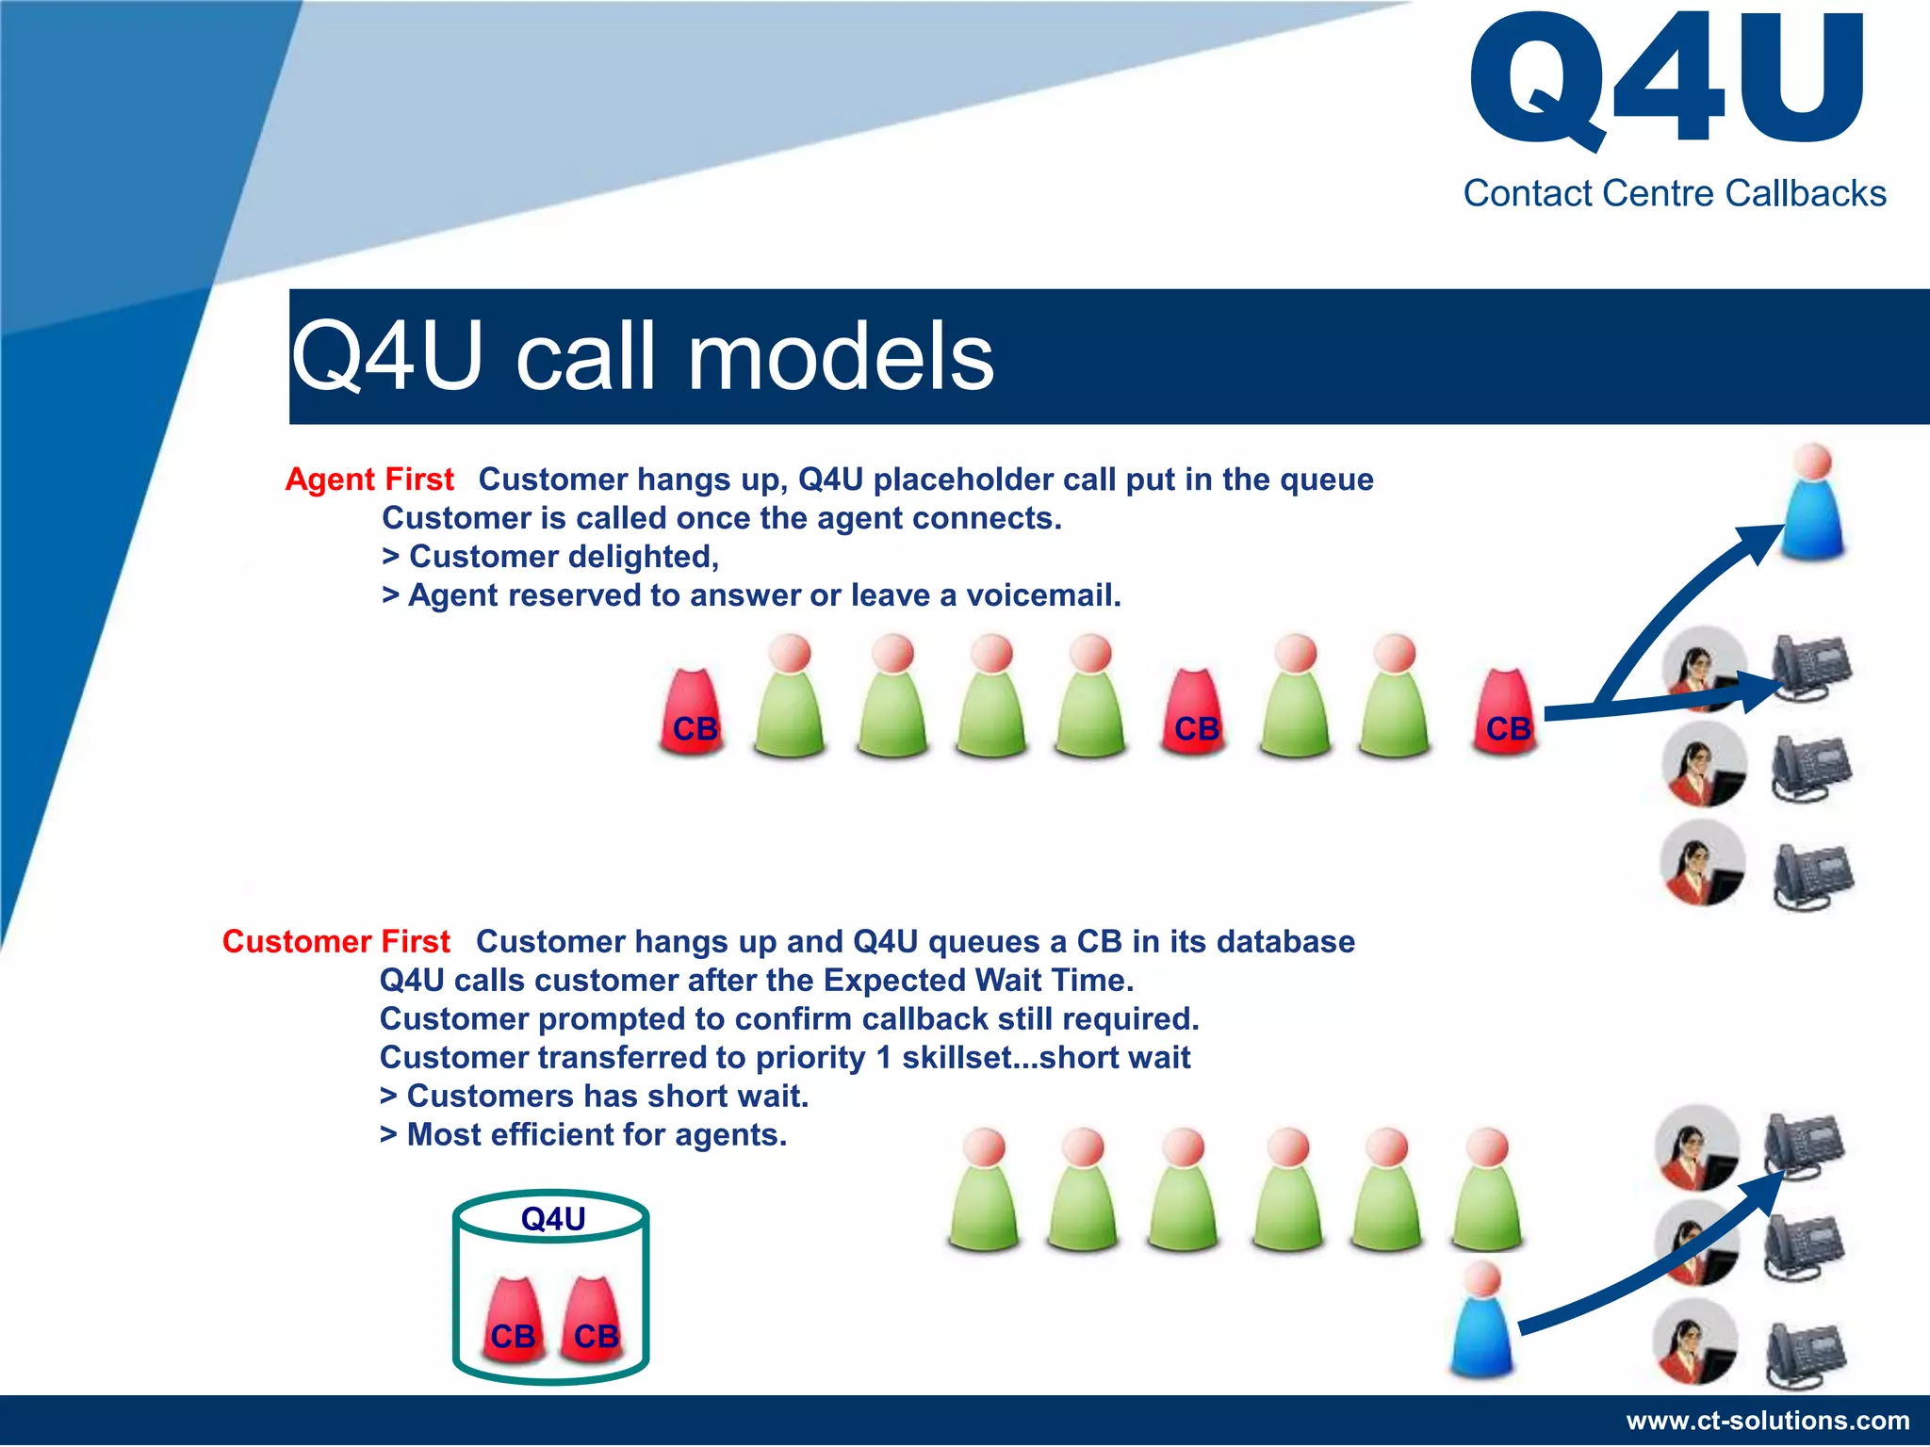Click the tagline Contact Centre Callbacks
[1674, 193]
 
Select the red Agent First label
[369, 480]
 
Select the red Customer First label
[335, 942]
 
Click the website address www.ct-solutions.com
[1768, 1421]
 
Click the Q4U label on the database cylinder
[553, 1219]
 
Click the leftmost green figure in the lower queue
[984, 1192]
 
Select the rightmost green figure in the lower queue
[1488, 1192]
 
